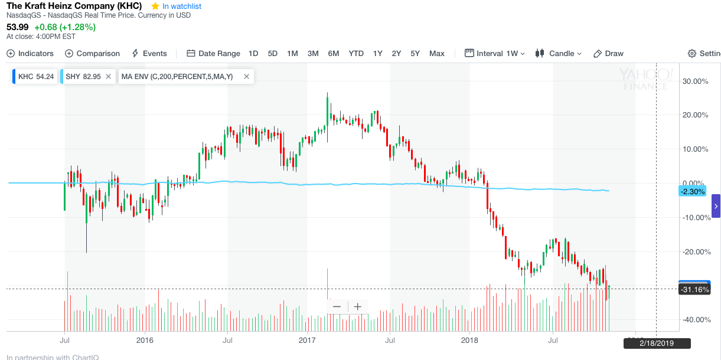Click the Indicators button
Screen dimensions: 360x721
tap(30, 53)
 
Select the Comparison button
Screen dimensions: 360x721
tap(93, 53)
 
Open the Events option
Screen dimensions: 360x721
tap(149, 53)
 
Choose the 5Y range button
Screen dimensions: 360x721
tap(415, 53)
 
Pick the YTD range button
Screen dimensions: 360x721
tap(356, 53)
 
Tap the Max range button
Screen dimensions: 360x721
tap(437, 53)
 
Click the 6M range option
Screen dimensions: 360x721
tap(334, 53)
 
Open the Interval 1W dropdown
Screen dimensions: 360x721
tap(495, 53)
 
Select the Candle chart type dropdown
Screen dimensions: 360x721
tap(559, 53)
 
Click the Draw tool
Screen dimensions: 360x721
tap(609, 53)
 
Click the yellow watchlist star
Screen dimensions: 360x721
tap(155, 6)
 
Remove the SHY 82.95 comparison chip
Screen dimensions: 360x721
tap(109, 76)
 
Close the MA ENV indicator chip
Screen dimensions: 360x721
tap(247, 76)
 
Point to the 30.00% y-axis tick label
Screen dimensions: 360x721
tap(695, 81)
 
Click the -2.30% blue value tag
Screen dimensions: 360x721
tap(693, 191)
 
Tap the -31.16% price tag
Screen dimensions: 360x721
tap(694, 289)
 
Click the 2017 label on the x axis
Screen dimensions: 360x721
tap(307, 340)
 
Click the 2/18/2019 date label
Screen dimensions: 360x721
tap(657, 343)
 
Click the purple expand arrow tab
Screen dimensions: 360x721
tap(716, 206)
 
